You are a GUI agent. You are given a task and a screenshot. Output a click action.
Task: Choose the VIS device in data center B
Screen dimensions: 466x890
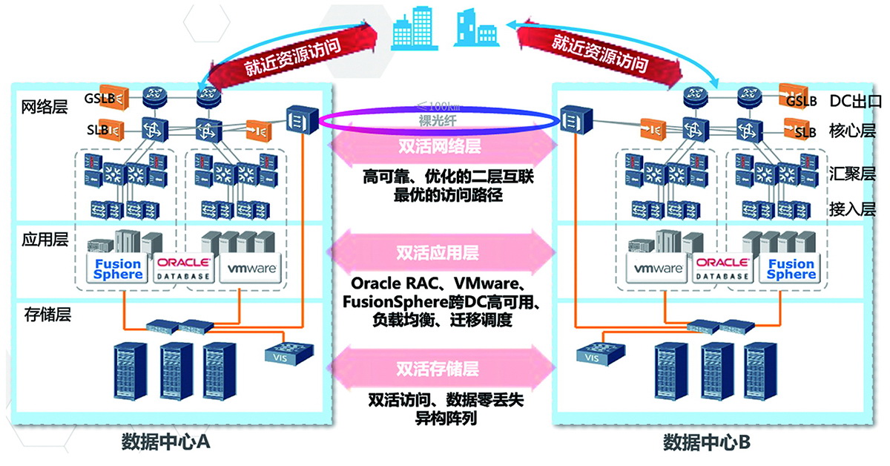tap(592, 352)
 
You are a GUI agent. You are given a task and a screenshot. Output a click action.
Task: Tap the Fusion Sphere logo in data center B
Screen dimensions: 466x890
tap(791, 269)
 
